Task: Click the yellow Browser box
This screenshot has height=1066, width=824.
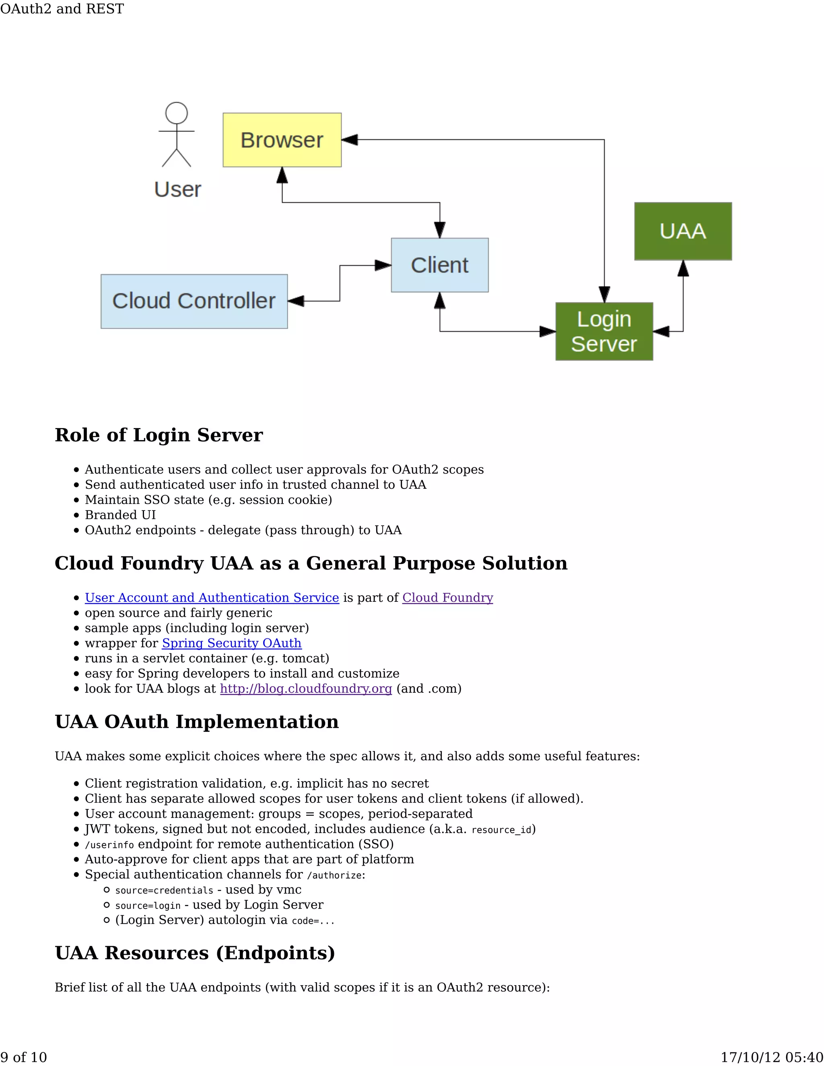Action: point(282,140)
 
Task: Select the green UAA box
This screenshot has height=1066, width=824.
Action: point(682,231)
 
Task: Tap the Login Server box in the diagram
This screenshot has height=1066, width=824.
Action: point(604,331)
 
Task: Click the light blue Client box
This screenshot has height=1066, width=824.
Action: point(439,265)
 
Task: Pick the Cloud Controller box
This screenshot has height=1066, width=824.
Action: point(194,301)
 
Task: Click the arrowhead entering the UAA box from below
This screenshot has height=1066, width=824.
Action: point(683,268)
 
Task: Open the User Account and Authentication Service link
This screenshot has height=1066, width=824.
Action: point(212,597)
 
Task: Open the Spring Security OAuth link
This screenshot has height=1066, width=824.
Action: point(231,643)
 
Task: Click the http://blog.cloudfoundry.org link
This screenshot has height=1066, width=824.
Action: point(306,688)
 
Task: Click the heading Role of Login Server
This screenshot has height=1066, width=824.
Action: point(159,435)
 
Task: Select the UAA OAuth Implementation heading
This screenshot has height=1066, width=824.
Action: point(197,721)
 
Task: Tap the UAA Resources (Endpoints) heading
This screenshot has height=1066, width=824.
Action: point(195,953)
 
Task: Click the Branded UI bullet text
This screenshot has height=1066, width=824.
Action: point(120,515)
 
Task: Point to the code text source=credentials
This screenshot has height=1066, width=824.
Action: point(164,890)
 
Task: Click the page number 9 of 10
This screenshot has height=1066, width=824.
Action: point(23,1057)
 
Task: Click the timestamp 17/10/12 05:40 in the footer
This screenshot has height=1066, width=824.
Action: point(772,1057)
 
